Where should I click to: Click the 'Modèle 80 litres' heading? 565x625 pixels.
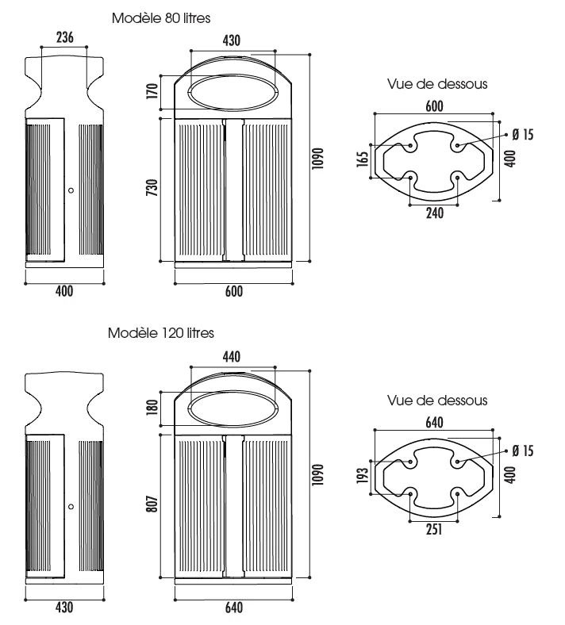point(161,18)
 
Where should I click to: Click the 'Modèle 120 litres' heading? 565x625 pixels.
point(161,333)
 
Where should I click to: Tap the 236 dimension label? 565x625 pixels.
point(64,37)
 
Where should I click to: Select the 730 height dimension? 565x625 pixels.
point(152,187)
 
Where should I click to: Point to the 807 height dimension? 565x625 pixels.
point(152,504)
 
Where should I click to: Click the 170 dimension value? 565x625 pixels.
point(152,91)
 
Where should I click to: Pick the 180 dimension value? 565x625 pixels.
point(152,408)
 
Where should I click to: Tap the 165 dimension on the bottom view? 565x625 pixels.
point(363,159)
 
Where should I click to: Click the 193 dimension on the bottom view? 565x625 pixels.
point(363,476)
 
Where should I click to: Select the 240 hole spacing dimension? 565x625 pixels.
point(435,213)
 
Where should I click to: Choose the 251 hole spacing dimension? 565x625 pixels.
point(434,529)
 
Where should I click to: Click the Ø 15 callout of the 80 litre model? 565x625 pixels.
point(522,135)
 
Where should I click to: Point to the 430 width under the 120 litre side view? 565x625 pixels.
point(64,607)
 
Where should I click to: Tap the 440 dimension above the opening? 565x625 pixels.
point(232,356)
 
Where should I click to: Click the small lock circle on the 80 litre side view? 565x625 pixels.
point(71,190)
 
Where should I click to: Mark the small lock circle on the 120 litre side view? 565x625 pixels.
point(71,507)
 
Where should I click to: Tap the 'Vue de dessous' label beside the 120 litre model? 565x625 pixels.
point(437,401)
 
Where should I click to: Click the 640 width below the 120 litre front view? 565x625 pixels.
point(233,608)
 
